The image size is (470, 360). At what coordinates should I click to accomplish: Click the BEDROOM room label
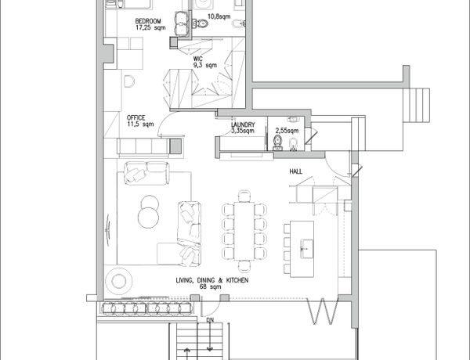click(148, 21)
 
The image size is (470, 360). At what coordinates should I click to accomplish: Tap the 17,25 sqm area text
click(150, 27)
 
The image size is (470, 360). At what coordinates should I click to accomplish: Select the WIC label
click(198, 59)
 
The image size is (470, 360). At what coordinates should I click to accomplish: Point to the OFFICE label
click(136, 117)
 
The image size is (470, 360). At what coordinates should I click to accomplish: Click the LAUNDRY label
click(243, 124)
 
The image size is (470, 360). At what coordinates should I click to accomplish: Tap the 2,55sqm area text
click(287, 131)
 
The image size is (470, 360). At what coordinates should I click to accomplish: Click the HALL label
click(296, 171)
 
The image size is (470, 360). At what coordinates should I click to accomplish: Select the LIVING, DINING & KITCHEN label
click(212, 280)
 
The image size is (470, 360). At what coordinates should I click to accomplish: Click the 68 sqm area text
click(211, 286)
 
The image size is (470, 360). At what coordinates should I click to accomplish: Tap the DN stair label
click(210, 320)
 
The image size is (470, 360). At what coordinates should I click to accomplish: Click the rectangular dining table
click(244, 231)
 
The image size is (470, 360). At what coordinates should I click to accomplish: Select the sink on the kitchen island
click(307, 249)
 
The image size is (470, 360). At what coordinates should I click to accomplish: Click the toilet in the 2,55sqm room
click(277, 142)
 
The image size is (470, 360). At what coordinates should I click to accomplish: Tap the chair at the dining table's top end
click(244, 196)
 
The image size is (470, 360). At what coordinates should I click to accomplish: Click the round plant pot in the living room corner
click(119, 281)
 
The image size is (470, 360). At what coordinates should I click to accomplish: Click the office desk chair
click(128, 81)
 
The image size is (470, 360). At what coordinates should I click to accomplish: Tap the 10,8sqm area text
click(219, 16)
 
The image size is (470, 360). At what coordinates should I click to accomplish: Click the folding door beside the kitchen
click(323, 311)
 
